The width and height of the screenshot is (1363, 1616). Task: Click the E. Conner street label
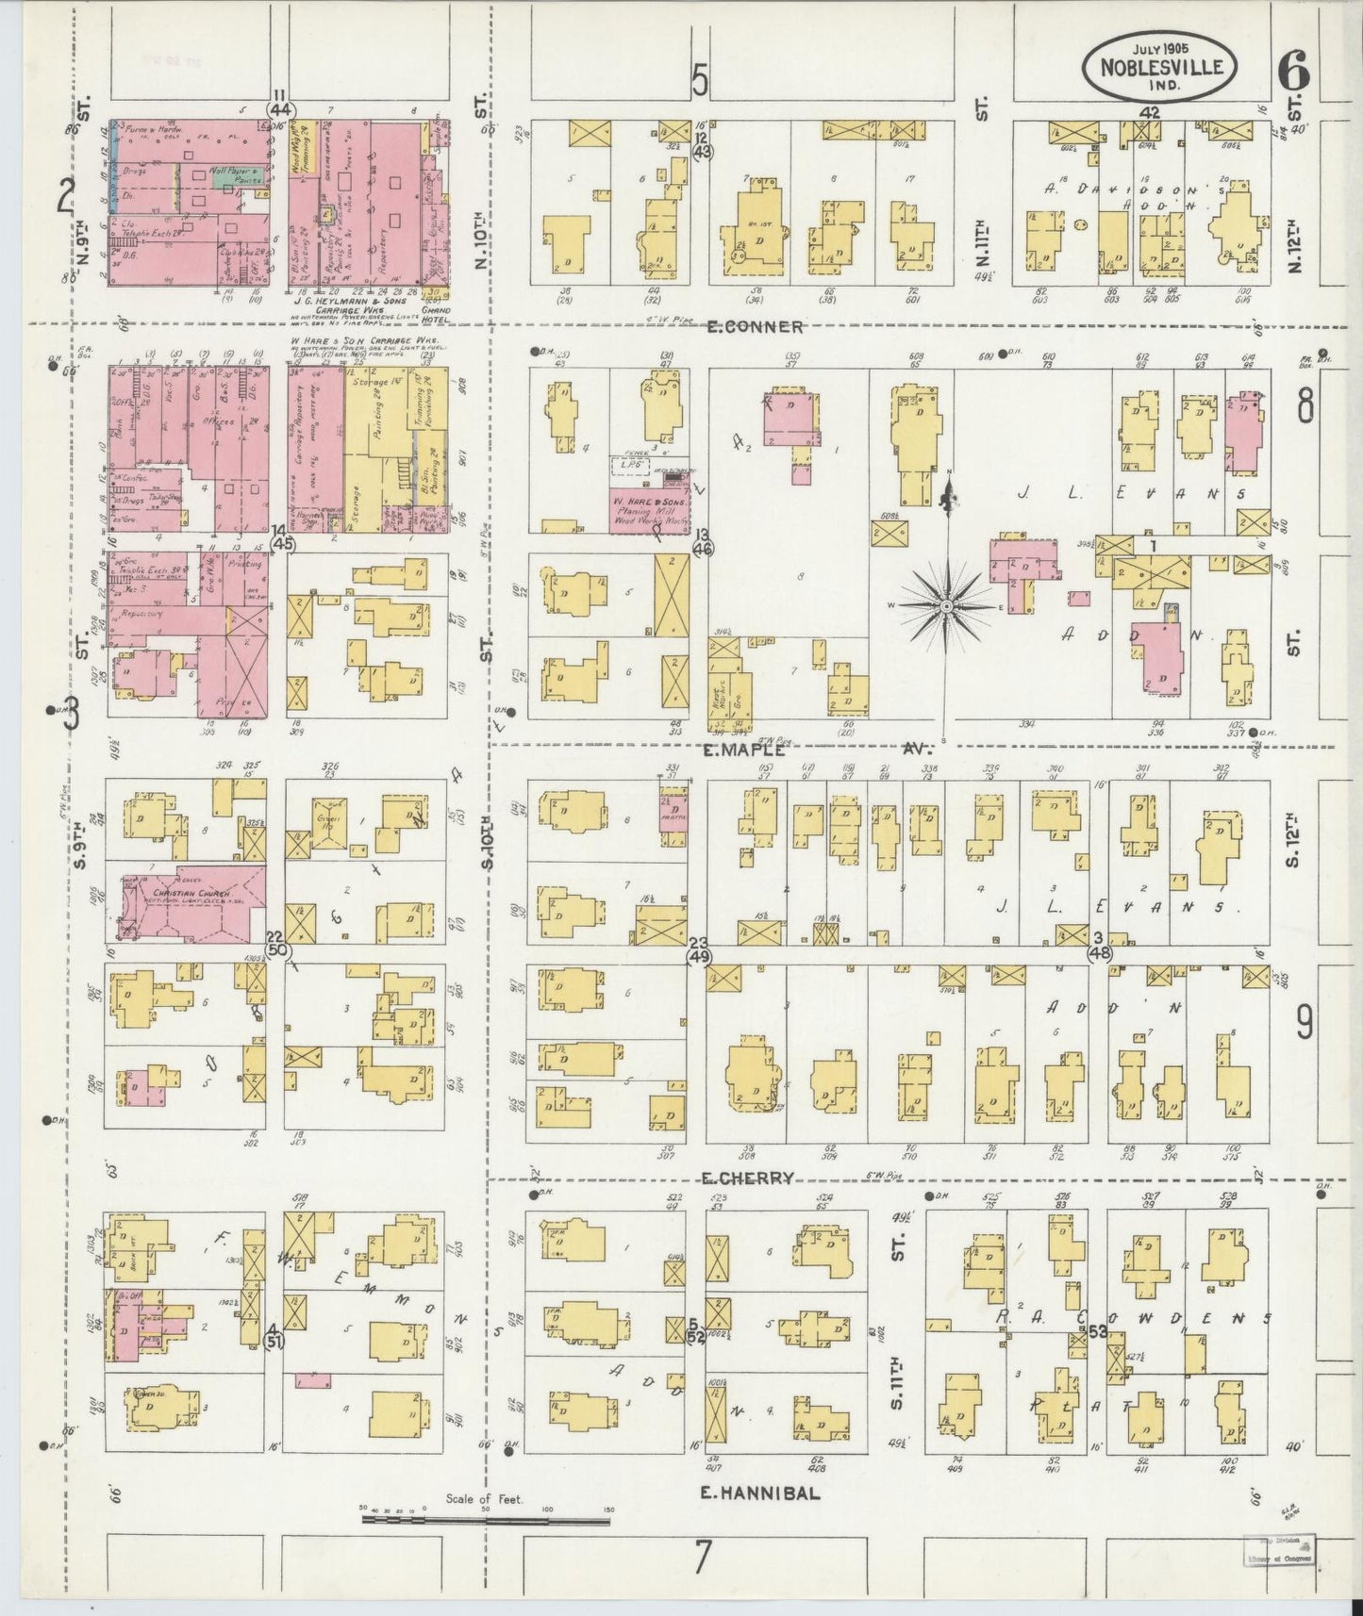pos(756,327)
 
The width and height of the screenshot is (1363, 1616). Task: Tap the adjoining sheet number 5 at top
pos(699,80)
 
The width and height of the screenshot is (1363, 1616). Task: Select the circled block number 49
pos(699,956)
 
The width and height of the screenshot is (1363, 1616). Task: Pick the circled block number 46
pos(702,547)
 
